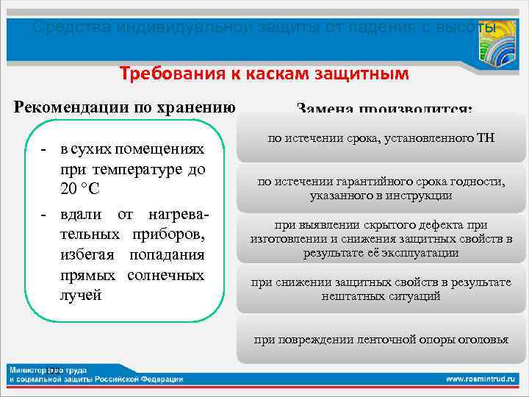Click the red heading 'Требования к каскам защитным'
(x=264, y=74)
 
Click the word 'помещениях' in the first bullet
(x=162, y=149)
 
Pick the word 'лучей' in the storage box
(x=81, y=296)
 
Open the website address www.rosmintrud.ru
(x=481, y=379)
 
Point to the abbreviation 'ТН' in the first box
(x=486, y=137)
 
